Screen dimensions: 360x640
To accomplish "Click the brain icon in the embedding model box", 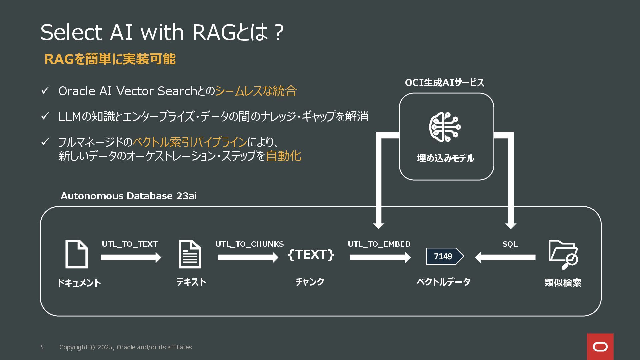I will [x=445, y=127].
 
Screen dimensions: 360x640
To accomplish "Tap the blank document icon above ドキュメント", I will [x=76, y=254].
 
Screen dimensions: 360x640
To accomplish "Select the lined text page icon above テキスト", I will [x=190, y=254].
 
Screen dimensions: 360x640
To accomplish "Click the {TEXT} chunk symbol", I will [x=311, y=254].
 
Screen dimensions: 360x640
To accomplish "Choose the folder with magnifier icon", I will [x=563, y=254].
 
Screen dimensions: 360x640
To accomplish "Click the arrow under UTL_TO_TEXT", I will [x=131, y=257].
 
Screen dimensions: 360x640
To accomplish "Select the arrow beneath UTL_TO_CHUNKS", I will [x=248, y=257].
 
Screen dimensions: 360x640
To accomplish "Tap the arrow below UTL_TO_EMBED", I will [x=380, y=257].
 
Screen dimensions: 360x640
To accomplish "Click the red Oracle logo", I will [x=600, y=347].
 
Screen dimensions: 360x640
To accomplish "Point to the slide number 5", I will [x=42, y=347].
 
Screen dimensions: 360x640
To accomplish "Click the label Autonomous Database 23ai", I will [x=129, y=196].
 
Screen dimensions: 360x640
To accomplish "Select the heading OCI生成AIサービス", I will [x=444, y=83].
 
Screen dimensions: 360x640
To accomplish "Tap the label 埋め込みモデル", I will [x=445, y=158].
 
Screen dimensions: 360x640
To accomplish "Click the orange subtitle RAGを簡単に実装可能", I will [x=110, y=59].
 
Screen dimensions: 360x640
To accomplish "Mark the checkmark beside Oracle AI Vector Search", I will [x=45, y=91].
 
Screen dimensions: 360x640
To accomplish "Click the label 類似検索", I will [x=563, y=283].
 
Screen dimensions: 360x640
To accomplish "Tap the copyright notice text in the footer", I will [x=125, y=347].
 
